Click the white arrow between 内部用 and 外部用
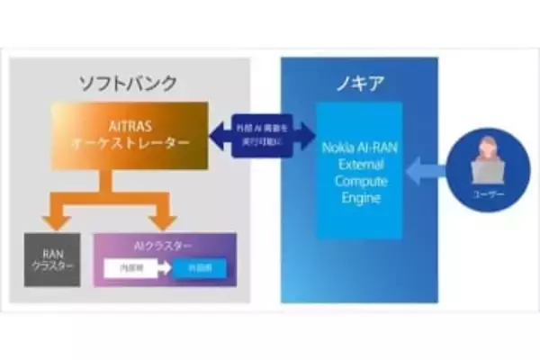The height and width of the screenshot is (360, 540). (164, 268)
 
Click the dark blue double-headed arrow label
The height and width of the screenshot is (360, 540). (256, 135)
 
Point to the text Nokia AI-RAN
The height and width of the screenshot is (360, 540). (358, 148)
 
